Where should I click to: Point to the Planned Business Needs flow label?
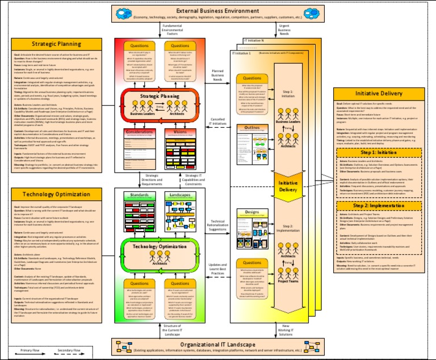click(x=217, y=73)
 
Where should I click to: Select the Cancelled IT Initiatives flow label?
click(x=217, y=122)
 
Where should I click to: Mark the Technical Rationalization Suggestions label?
click(x=217, y=225)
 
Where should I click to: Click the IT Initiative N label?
click(x=254, y=41)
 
